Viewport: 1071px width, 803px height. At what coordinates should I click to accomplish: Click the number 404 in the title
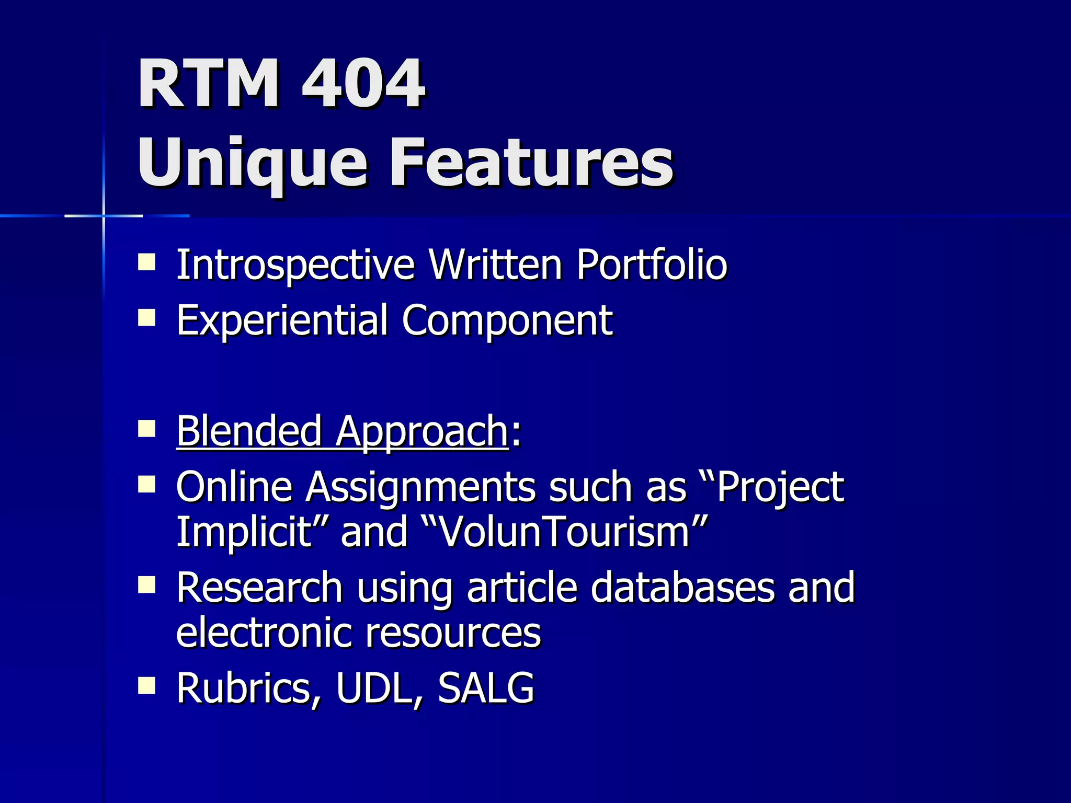363,83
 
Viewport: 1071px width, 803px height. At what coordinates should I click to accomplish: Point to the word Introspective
295,265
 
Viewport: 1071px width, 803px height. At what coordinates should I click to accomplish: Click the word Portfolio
652,265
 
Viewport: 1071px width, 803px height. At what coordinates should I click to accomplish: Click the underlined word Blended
249,431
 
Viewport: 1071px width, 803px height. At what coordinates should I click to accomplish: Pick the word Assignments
421,487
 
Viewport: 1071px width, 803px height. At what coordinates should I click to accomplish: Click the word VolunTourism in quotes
565,531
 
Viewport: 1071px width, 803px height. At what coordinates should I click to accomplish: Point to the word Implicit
244,531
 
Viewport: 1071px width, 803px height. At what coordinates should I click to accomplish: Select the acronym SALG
486,688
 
